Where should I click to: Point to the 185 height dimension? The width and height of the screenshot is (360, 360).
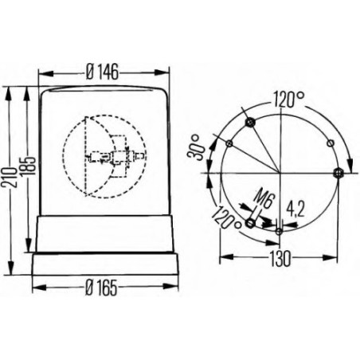[x=29, y=167]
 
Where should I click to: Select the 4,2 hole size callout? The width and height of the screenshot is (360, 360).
[x=294, y=210]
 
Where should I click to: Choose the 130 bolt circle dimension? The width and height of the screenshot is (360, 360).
[x=279, y=258]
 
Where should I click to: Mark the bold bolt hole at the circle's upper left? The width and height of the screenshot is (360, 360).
[x=250, y=122]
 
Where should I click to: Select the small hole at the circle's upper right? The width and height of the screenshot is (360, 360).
[x=331, y=143]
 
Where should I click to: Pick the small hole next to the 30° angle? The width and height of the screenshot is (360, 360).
[x=229, y=143]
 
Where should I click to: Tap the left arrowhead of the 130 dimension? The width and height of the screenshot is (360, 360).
[x=221, y=258]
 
